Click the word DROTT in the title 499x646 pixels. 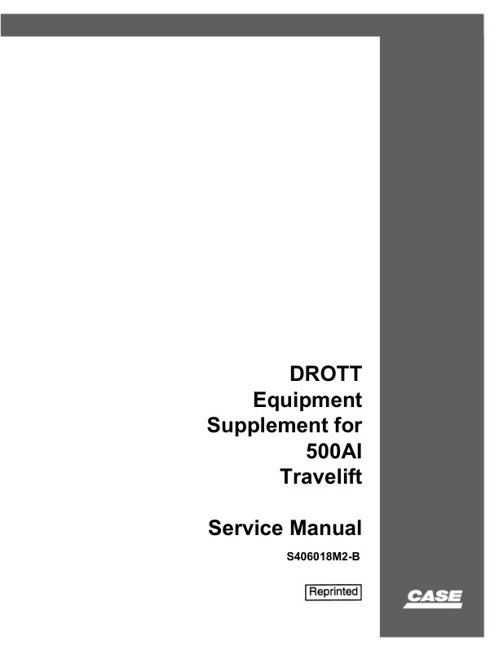325,374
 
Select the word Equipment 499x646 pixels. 307,400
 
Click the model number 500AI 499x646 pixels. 334,451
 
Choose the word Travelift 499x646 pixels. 321,476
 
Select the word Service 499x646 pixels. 245,528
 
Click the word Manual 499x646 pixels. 325,528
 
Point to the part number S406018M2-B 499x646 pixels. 323,557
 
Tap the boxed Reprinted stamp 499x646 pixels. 333,592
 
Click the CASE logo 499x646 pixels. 433,599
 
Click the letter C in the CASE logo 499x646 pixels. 414,596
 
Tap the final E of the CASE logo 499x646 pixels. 455,596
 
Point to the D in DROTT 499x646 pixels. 297,374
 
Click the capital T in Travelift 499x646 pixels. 287,476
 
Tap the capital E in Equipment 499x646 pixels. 260,400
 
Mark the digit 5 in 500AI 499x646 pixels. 311,451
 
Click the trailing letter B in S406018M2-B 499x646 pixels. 356,557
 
